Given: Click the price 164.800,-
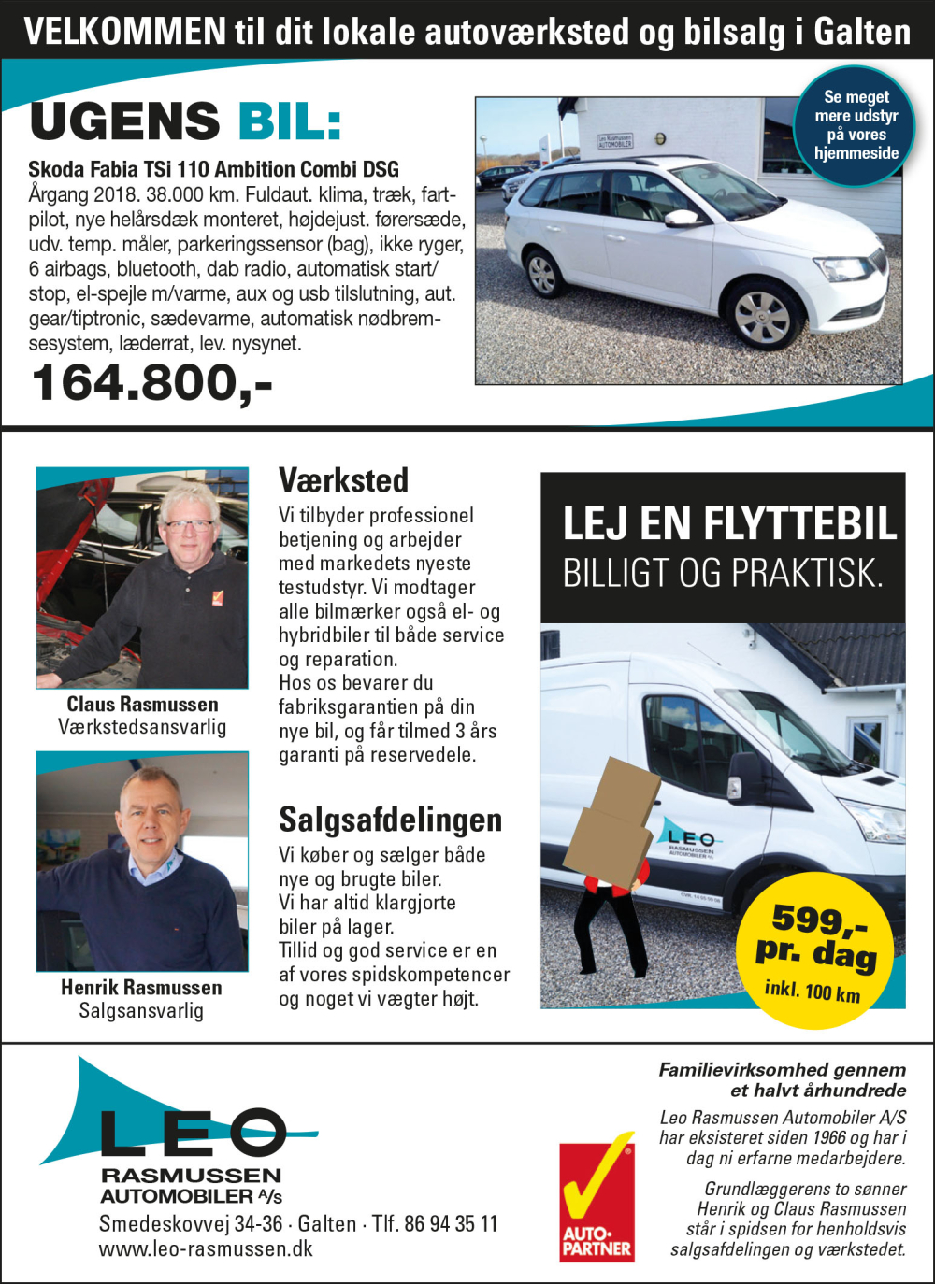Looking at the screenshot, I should [x=151, y=383].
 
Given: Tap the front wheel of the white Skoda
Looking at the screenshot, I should [x=762, y=317].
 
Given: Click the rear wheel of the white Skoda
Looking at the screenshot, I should [x=542, y=274].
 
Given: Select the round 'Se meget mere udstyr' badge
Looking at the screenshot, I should [x=856, y=125].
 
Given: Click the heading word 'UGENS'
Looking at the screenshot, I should [x=125, y=122].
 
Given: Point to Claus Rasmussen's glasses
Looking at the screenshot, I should [x=189, y=525].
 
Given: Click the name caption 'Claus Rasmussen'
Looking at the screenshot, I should [x=142, y=705].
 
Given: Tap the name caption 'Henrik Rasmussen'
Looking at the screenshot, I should [x=142, y=988].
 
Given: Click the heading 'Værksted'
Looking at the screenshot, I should [x=344, y=480].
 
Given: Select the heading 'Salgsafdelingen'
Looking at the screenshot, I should [x=391, y=820].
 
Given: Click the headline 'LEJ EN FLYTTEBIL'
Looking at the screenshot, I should [x=729, y=523].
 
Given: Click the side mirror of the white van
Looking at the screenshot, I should [x=746, y=776].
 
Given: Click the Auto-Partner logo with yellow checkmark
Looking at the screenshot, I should [x=597, y=1198].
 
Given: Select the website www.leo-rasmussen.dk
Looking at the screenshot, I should [x=206, y=1249].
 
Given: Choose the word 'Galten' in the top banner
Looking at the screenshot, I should [x=862, y=32].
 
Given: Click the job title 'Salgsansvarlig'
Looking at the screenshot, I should [x=141, y=1010].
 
